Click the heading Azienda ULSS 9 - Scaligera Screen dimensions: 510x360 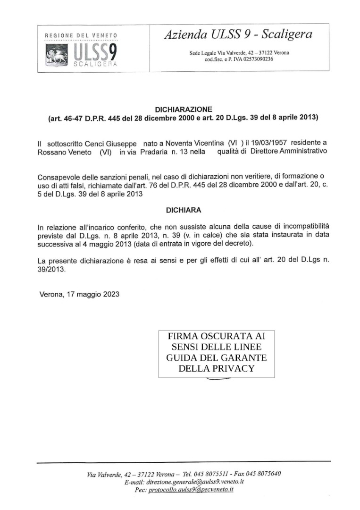coord(238,34)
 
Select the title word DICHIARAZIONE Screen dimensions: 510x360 coord(183,109)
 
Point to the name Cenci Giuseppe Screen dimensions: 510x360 coord(114,142)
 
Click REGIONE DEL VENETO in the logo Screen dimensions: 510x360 coord(81,35)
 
